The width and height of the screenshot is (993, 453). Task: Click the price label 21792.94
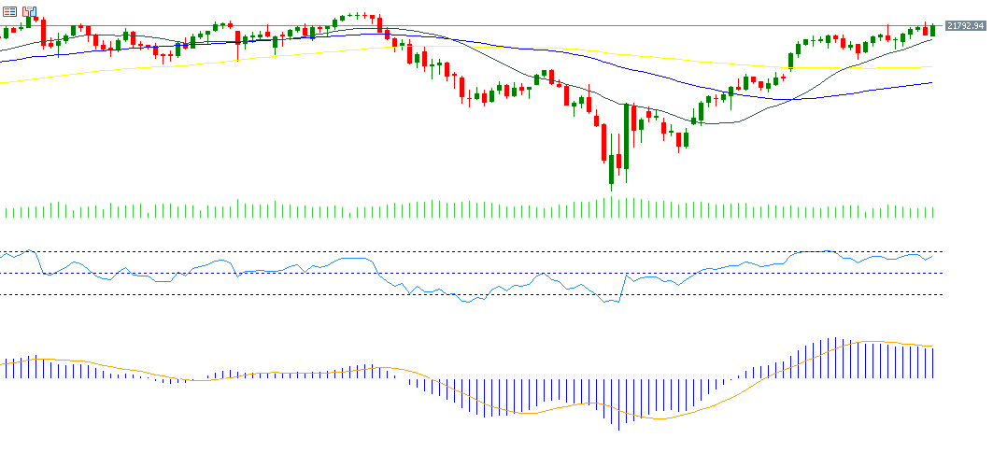[x=965, y=26]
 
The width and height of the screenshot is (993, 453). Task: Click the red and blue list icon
[x=10, y=12]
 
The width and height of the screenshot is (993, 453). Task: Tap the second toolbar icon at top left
[x=29, y=12]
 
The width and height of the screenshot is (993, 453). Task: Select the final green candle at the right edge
[x=932, y=31]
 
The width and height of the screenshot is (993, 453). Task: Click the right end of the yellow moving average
[x=931, y=67]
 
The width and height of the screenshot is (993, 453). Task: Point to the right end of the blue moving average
[x=931, y=82]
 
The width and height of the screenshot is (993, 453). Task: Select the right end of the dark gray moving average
[x=931, y=39]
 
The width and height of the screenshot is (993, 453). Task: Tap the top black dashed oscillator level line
[x=467, y=252]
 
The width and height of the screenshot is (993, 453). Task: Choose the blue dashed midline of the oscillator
[x=467, y=273]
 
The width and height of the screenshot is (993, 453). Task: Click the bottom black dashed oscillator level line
[x=467, y=294]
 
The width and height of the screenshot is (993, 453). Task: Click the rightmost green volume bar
[x=933, y=212]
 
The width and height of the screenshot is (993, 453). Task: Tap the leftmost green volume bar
[x=6, y=212]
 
